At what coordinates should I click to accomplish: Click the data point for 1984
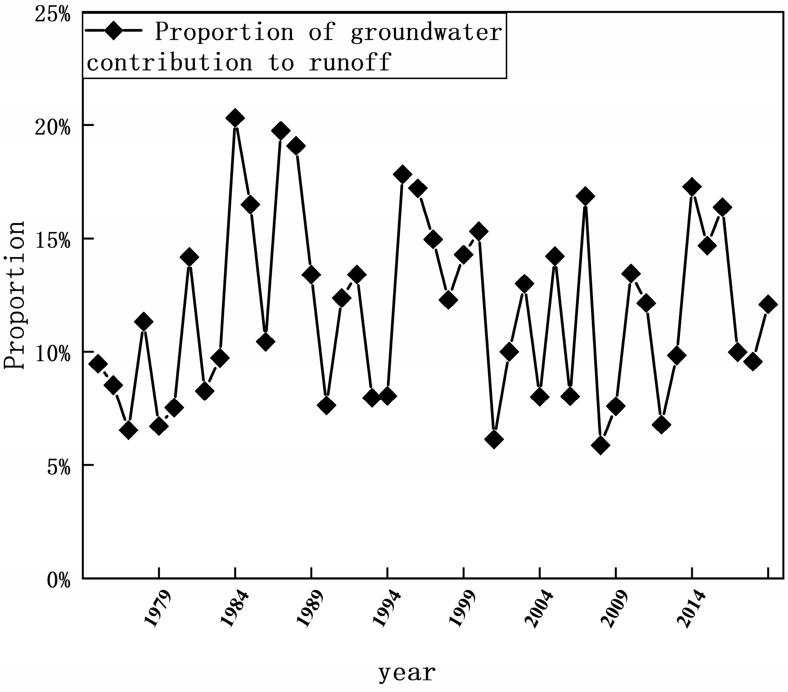pyautogui.click(x=235, y=118)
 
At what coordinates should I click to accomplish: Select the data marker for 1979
pyautogui.click(x=159, y=426)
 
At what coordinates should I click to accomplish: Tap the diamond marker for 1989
pyautogui.click(x=312, y=275)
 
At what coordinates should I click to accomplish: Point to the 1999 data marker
pyautogui.click(x=463, y=254)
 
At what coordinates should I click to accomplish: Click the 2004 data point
pyautogui.click(x=540, y=397)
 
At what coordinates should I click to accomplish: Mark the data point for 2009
pyautogui.click(x=616, y=406)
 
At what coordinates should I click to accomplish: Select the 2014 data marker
pyautogui.click(x=692, y=187)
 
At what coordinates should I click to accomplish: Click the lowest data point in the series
pyautogui.click(x=600, y=446)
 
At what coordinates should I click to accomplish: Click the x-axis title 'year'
pyautogui.click(x=407, y=673)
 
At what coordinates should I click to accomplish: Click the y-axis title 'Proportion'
pyautogui.click(x=14, y=295)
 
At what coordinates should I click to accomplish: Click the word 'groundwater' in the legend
pyautogui.click(x=426, y=32)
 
